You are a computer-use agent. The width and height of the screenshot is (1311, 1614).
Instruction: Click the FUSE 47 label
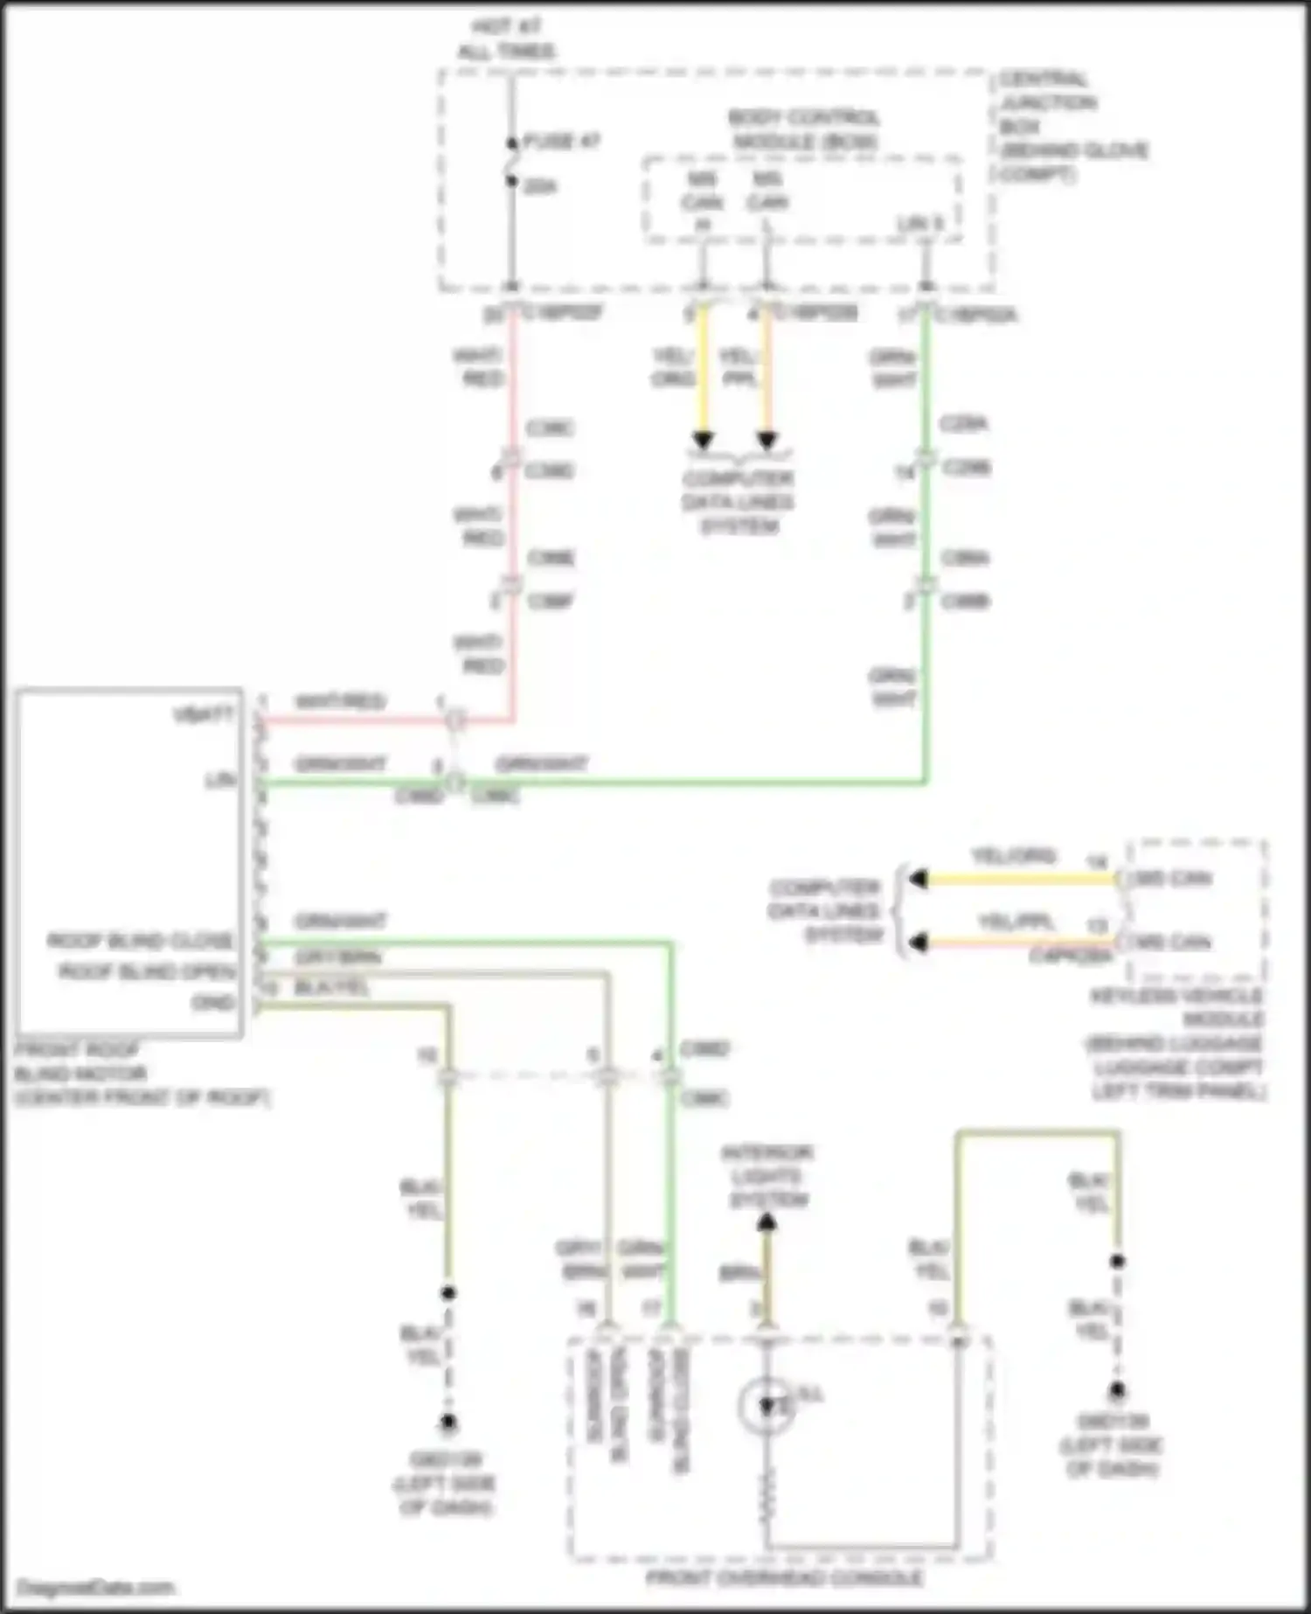tap(561, 141)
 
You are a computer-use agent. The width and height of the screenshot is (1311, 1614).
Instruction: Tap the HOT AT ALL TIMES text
tap(506, 38)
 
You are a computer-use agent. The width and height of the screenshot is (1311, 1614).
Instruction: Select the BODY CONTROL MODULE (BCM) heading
tap(803, 129)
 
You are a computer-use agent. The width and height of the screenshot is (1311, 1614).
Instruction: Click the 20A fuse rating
tap(540, 186)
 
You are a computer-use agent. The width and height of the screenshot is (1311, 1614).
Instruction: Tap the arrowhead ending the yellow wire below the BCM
tap(703, 440)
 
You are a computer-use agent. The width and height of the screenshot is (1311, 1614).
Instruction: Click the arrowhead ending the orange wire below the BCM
tap(766, 440)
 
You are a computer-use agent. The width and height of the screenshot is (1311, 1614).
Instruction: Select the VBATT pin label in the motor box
tap(205, 714)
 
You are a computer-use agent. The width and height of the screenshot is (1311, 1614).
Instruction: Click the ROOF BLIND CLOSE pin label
tap(141, 941)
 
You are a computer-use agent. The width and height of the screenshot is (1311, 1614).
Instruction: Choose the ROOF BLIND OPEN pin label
tap(147, 971)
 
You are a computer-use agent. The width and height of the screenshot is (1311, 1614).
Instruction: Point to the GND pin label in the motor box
tap(213, 1002)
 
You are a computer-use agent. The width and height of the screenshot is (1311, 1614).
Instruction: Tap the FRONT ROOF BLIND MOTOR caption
tap(140, 1074)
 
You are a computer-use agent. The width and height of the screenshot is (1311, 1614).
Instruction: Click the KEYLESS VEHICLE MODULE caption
tap(1176, 1043)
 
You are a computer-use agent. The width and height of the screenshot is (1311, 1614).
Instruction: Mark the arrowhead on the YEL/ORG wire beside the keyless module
tap(917, 879)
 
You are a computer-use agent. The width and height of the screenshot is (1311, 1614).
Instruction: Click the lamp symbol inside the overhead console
tap(766, 1406)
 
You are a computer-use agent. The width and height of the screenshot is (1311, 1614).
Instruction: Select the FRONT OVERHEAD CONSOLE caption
tap(784, 1577)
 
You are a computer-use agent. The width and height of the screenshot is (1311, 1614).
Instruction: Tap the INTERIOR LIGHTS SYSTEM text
tap(766, 1176)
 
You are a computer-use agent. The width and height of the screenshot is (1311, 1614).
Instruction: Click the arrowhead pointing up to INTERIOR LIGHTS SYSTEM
tap(766, 1223)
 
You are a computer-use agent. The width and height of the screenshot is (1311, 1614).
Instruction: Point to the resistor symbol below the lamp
tap(766, 1495)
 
